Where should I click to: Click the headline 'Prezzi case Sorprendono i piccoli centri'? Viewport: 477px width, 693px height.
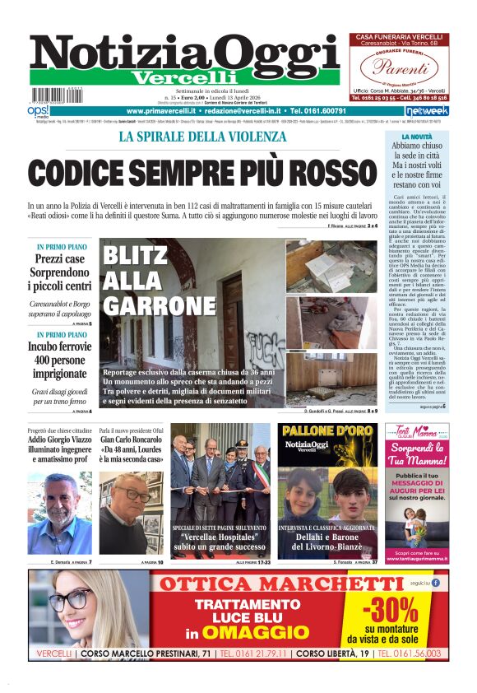[60, 272]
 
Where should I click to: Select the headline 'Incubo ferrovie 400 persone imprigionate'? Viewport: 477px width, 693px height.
[60, 361]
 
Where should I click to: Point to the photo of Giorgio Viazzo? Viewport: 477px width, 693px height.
[59, 514]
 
